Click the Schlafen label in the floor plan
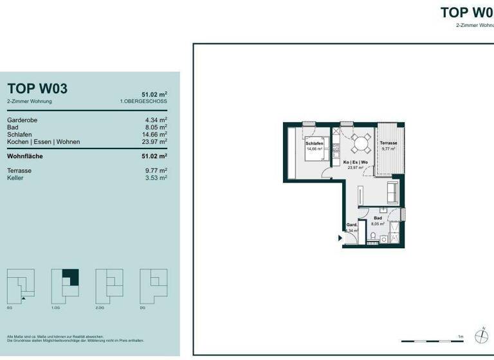coord(315,143)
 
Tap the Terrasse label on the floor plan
coord(387,143)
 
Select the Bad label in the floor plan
coord(378,219)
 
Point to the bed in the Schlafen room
coord(315,152)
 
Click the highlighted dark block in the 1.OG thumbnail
coord(70,277)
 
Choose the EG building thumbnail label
coord(9,309)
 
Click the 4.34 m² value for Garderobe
coord(156,120)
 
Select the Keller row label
coord(15,178)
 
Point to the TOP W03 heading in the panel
coord(37,89)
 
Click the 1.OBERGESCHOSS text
coord(143,102)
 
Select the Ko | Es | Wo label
coord(355,162)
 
